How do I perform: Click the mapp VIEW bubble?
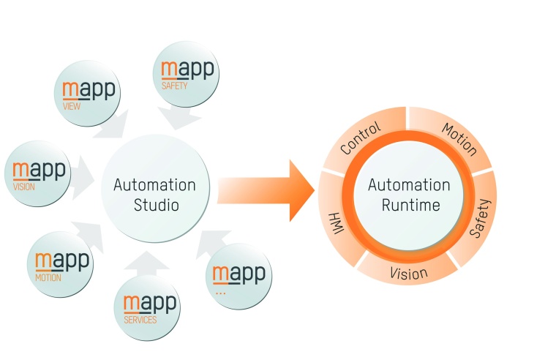click(x=86, y=93)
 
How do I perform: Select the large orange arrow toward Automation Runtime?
click(x=267, y=190)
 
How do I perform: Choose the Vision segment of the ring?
click(x=409, y=272)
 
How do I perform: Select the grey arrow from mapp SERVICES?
click(x=150, y=263)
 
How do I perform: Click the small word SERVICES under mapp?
click(x=140, y=320)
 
